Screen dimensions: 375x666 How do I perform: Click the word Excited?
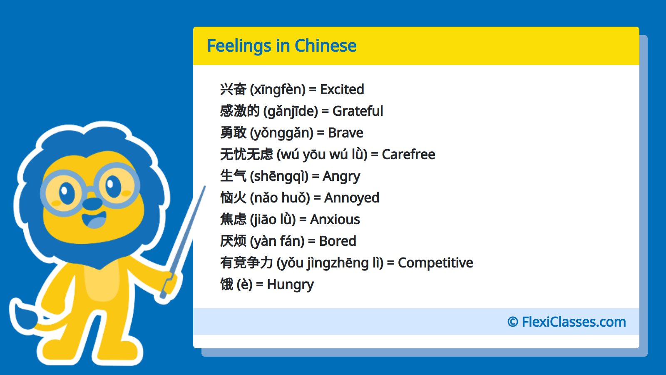click(x=342, y=90)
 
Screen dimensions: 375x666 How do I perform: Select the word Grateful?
click(x=358, y=111)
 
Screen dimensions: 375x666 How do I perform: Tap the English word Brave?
click(x=345, y=133)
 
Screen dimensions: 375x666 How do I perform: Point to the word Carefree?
click(x=408, y=155)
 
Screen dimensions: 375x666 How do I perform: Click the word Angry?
click(x=341, y=176)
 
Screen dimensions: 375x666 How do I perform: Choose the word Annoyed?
click(x=352, y=198)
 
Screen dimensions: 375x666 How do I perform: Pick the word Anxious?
click(x=335, y=220)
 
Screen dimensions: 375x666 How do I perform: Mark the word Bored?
click(x=338, y=241)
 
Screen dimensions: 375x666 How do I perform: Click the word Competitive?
click(x=435, y=263)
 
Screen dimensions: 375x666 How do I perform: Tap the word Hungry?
click(x=290, y=285)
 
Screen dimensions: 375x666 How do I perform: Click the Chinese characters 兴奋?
click(x=233, y=90)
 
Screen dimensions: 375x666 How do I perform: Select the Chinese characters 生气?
click(x=233, y=176)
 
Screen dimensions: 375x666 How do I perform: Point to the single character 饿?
click(x=226, y=285)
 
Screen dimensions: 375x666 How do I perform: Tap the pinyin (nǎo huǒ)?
click(x=280, y=198)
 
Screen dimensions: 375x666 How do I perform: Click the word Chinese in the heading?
click(x=325, y=46)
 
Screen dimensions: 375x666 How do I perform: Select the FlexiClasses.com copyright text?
click(x=567, y=322)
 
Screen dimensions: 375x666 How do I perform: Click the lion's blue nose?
click(x=92, y=204)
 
